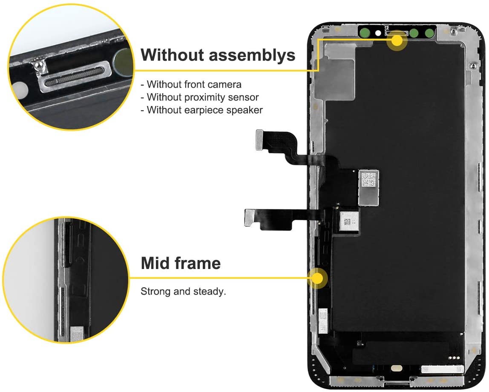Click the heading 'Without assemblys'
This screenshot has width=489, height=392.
[x=218, y=55]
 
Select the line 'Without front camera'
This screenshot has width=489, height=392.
[x=191, y=84]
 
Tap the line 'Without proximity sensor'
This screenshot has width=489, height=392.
[x=200, y=97]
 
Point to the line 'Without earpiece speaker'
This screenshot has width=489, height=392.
[x=201, y=110]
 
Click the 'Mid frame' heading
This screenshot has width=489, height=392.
[x=181, y=263]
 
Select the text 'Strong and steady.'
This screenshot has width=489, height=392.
[x=183, y=292]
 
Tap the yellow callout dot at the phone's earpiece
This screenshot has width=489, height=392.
[x=397, y=40]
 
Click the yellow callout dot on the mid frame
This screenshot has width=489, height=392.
[x=317, y=278]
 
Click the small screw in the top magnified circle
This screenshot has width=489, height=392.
[x=39, y=66]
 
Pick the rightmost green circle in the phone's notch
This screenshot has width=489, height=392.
[x=429, y=32]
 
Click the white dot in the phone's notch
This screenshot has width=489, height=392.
[x=378, y=33]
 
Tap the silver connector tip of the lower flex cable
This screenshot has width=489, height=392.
[x=250, y=217]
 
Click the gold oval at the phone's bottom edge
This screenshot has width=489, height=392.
[x=397, y=369]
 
